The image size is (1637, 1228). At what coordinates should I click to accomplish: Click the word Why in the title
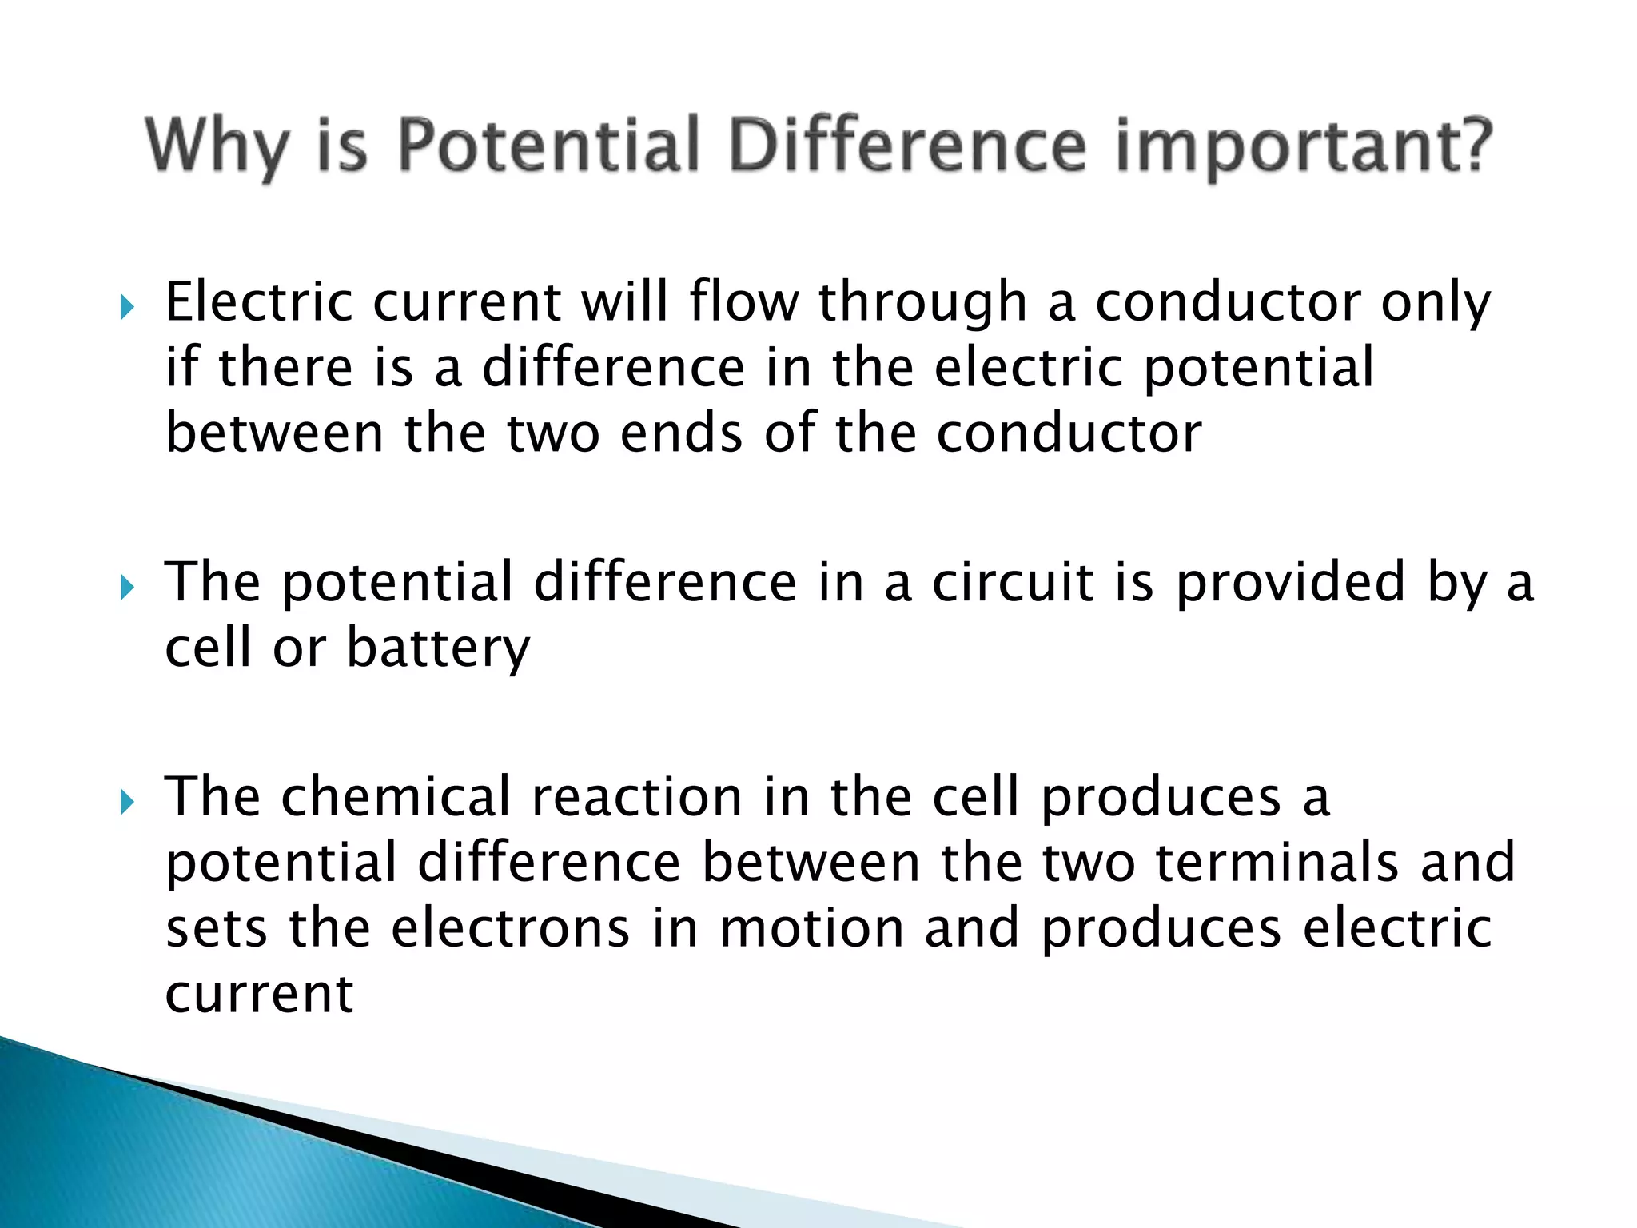[217, 147]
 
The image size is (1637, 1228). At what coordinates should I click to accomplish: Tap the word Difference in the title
[907, 146]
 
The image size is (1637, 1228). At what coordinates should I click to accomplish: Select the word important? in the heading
[1303, 147]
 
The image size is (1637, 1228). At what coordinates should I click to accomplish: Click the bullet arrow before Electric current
[127, 306]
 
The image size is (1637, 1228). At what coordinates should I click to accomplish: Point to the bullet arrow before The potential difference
[127, 588]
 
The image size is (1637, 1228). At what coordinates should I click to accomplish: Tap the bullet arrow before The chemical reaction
[127, 802]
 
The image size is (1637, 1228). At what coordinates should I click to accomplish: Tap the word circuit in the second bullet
[1012, 582]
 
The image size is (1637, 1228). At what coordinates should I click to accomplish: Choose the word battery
[438, 649]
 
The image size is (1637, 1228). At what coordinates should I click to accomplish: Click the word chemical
[396, 797]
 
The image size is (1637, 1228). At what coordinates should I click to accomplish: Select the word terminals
[1277, 863]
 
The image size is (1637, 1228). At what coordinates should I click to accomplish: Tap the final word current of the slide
[259, 995]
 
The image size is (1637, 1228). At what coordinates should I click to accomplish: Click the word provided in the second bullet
[1290, 584]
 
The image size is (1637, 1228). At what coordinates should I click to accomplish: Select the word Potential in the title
[548, 146]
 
